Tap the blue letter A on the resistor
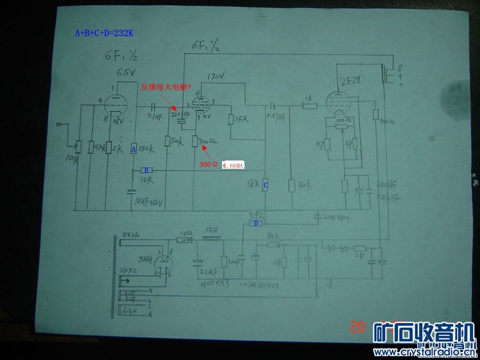pos(133,149)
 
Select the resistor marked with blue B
pos(147,170)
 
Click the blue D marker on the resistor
pos(255,223)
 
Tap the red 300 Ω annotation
pos(208,164)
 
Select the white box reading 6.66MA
pos(234,166)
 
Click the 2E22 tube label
pos(350,81)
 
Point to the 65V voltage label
pos(125,72)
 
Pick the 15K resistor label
pos(241,120)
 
